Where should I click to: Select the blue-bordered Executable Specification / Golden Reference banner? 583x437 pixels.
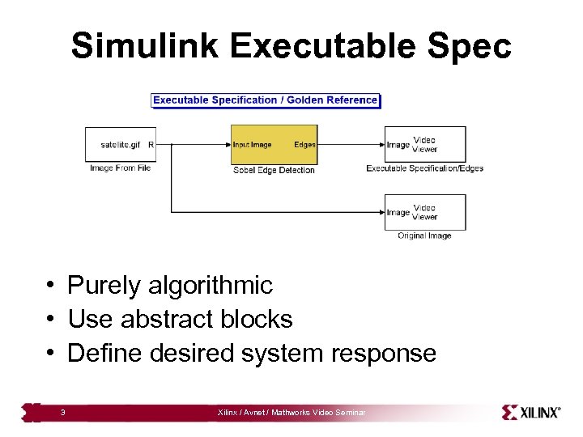266,100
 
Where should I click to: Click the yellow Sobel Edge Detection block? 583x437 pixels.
274,145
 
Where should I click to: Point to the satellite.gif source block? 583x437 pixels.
121,145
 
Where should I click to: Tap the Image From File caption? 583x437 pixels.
120,168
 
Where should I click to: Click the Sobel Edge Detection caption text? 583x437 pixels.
274,170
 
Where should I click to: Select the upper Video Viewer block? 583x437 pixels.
425,144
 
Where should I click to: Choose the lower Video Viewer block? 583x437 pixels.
425,212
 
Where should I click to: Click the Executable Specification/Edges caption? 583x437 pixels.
424,168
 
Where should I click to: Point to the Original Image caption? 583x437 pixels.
424,236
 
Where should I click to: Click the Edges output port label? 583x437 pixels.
304,145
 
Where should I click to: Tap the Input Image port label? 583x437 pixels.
253,145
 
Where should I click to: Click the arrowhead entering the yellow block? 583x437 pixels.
228,145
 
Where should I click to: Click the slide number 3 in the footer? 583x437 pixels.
62,414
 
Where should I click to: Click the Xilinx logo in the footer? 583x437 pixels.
530,413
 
